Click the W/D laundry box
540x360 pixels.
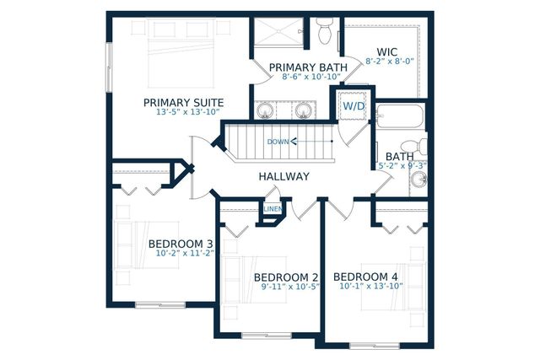point(353,106)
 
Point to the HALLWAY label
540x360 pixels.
point(283,176)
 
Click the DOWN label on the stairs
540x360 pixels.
point(278,142)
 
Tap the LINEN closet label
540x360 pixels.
point(273,209)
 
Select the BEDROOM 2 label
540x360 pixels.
point(286,277)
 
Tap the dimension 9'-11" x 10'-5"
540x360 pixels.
point(289,287)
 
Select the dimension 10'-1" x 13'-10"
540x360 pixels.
point(370,287)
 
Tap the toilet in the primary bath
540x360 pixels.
point(325,32)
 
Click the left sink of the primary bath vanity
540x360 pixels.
point(266,110)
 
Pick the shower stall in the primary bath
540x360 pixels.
point(278,34)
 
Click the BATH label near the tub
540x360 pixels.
point(399,157)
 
